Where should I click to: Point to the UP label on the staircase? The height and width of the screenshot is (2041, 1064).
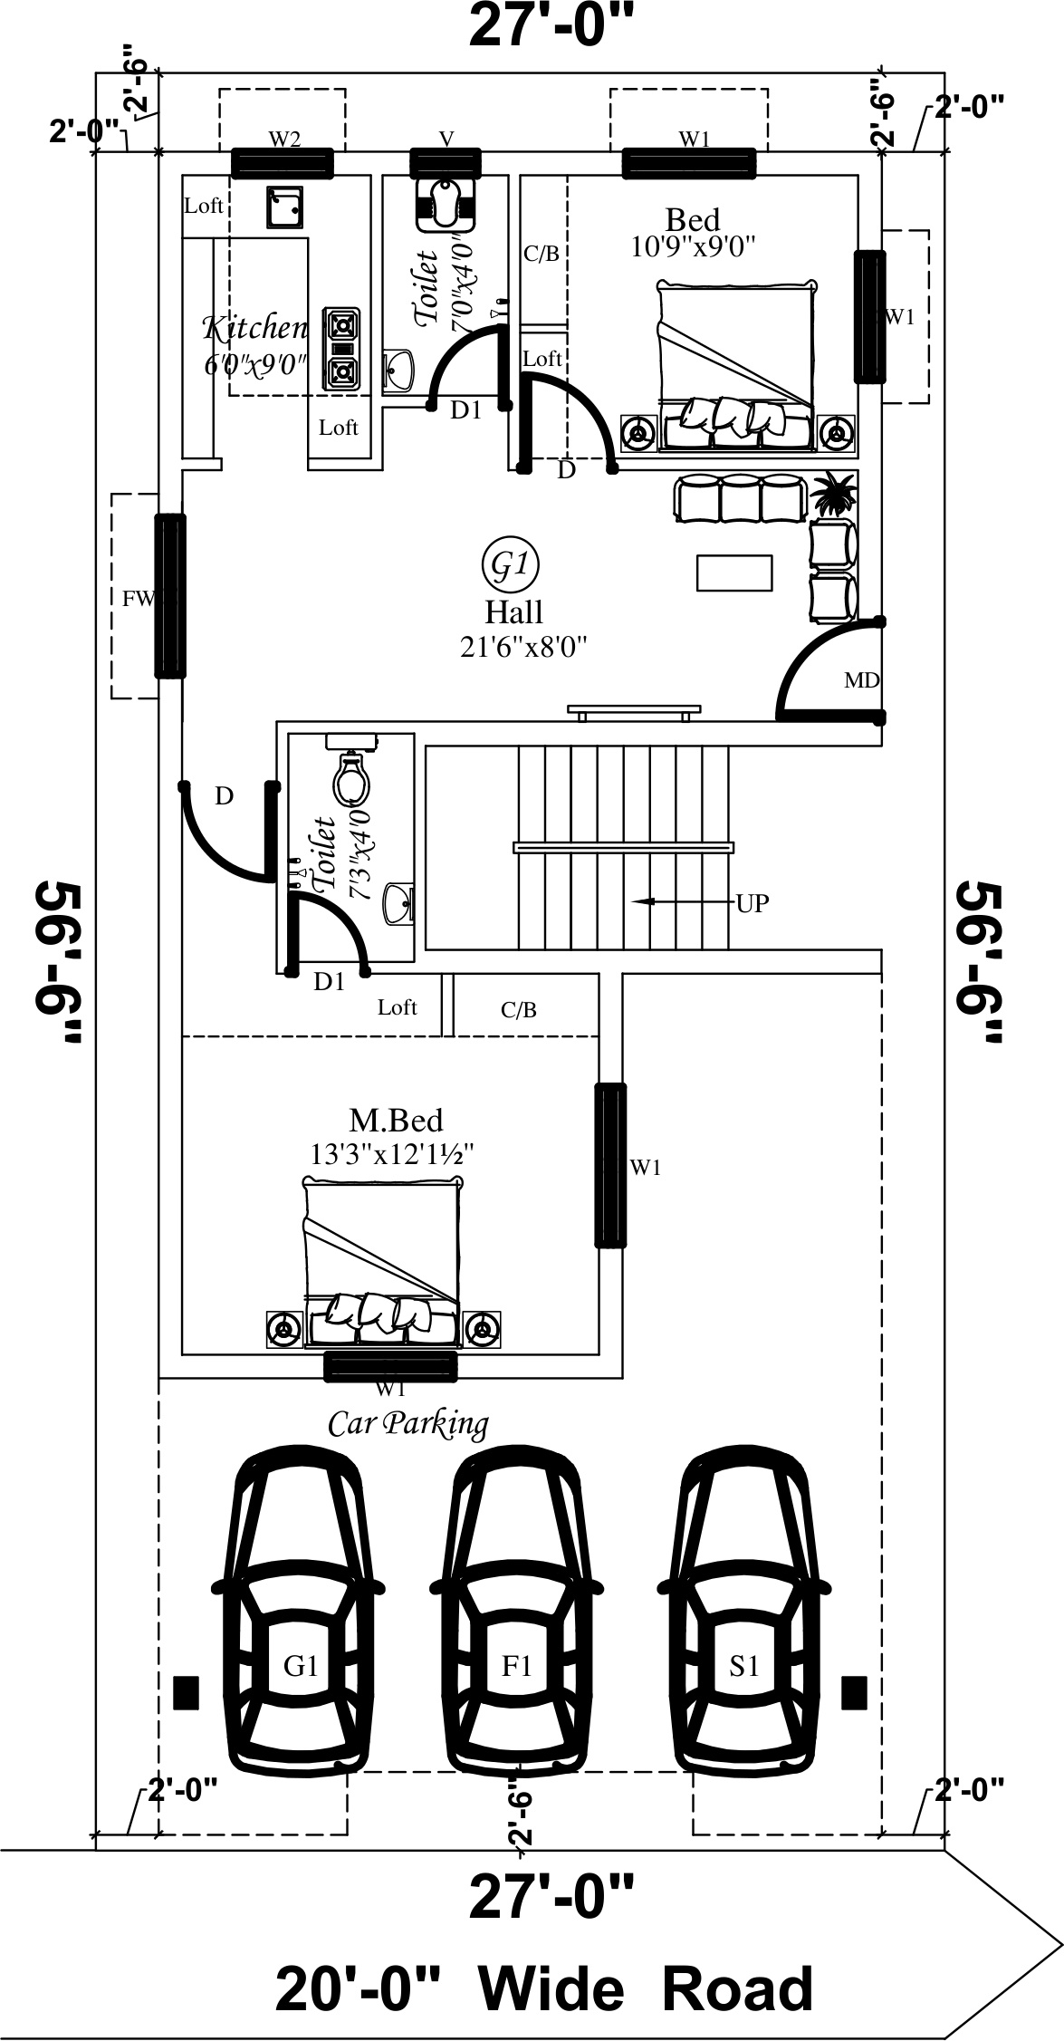[x=752, y=903]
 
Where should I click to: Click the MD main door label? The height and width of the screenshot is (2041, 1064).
[x=862, y=680]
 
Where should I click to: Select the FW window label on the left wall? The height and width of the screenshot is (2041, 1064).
[x=139, y=598]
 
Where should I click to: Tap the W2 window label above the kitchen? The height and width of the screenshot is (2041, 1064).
[x=284, y=139]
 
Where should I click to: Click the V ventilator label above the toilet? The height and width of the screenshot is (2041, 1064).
[x=446, y=139]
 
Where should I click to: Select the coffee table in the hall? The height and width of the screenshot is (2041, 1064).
[x=734, y=573]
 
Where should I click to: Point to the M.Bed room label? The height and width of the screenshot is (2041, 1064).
[x=397, y=1121]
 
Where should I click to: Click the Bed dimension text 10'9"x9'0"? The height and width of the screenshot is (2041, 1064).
[x=694, y=246]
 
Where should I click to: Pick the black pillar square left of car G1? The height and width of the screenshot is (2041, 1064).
[x=186, y=1692]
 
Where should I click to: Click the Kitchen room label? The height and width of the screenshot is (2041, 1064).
[x=255, y=327]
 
